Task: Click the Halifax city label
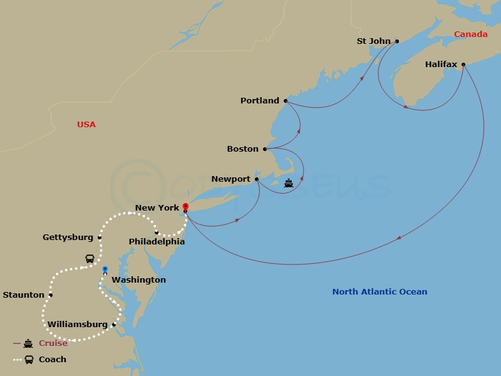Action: [441, 65]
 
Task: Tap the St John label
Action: [373, 41]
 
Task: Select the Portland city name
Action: [260, 101]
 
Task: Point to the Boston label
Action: [242, 149]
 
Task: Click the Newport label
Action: [230, 179]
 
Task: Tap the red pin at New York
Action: [185, 206]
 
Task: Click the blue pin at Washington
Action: [105, 269]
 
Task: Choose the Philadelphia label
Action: [157, 241]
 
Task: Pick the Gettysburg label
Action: [68, 238]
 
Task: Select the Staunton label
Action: [24, 295]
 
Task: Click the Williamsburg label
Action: [78, 325]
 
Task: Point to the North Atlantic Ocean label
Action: [380, 292]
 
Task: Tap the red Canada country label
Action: [470, 34]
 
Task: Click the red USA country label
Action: [86, 125]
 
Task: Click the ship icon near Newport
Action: [288, 184]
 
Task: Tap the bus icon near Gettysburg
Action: [90, 259]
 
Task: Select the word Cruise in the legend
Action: [53, 343]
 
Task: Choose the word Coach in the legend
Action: [53, 360]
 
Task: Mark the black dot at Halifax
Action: [463, 65]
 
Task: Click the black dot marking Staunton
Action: [51, 295]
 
